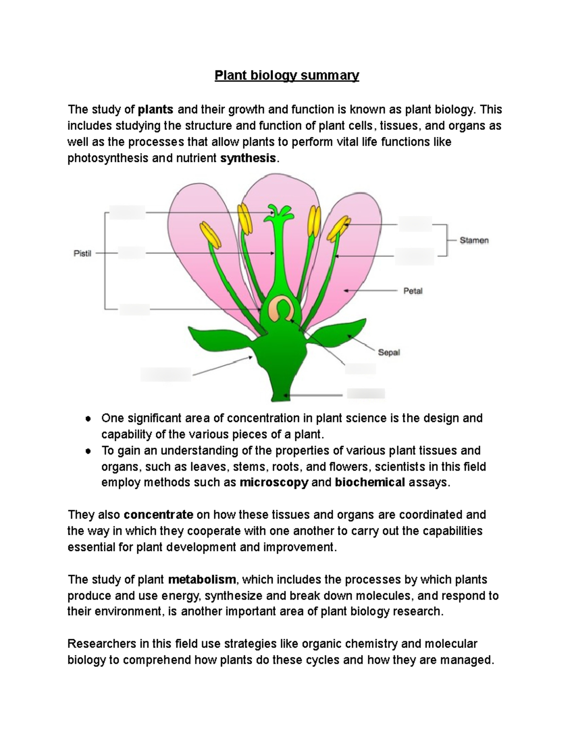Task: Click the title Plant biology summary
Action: tap(287, 76)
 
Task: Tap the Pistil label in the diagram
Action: tap(82, 254)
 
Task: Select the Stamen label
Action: tap(474, 240)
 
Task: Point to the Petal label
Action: tap(413, 290)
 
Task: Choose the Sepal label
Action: tap(389, 353)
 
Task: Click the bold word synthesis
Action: tap(248, 158)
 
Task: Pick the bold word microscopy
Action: tap(274, 482)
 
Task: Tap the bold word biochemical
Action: tap(370, 482)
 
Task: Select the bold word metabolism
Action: tap(202, 579)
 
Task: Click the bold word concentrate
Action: tap(158, 515)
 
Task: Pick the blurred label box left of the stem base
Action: tap(166, 374)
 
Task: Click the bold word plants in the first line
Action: tap(156, 110)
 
